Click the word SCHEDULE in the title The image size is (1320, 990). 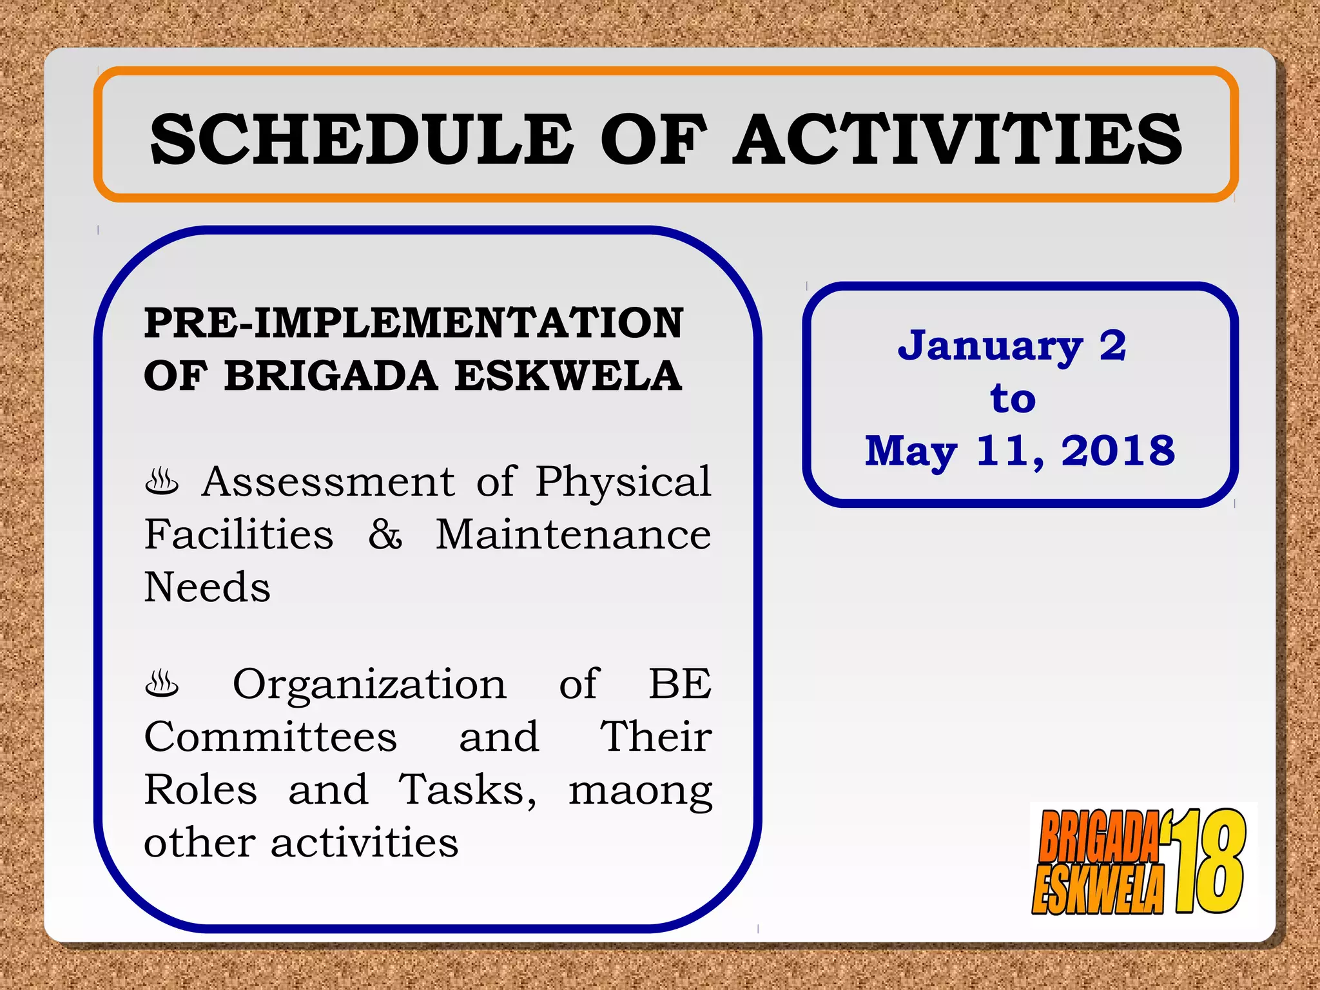pyautogui.click(x=361, y=139)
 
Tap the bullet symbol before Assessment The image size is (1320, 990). pyautogui.click(x=162, y=482)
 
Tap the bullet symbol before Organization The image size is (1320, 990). pyautogui.click(x=162, y=684)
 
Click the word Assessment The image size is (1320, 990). pyautogui.click(x=328, y=481)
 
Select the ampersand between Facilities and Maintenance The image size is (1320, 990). pyautogui.click(x=385, y=534)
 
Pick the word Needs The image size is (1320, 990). pyautogui.click(x=207, y=587)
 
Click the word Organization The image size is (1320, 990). pyautogui.click(x=369, y=684)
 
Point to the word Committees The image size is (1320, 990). pyautogui.click(x=270, y=737)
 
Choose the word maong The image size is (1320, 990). pyautogui.click(x=640, y=791)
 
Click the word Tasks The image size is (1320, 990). pyautogui.click(x=467, y=790)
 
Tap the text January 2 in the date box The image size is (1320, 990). pyautogui.click(x=1012, y=346)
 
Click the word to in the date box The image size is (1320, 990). pyautogui.click(x=1013, y=398)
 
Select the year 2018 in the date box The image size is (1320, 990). pyautogui.click(x=1118, y=451)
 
